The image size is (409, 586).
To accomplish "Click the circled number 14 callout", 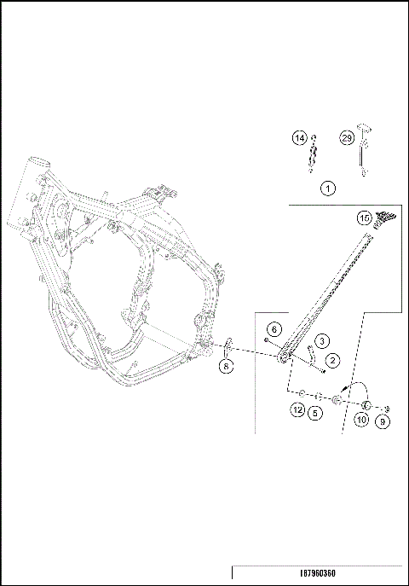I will [x=299, y=139].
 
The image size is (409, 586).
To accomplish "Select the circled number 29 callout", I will [x=348, y=139].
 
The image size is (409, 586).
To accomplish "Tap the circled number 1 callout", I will [x=328, y=189].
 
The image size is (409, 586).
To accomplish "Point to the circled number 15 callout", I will [x=364, y=218].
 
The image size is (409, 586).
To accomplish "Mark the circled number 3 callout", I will [x=324, y=342].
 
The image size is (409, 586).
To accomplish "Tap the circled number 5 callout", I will [x=316, y=413].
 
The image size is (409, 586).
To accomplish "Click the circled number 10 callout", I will [x=361, y=421].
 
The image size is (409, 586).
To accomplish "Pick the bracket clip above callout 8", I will [x=228, y=349].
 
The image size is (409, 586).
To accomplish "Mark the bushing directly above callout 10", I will [x=367, y=403].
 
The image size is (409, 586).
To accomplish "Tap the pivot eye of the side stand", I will [x=286, y=355].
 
